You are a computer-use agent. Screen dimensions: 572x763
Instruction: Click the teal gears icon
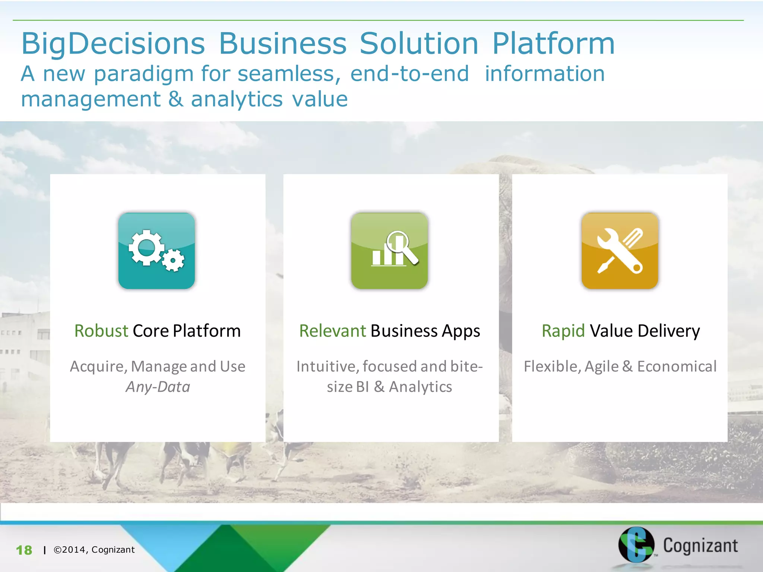coord(156,251)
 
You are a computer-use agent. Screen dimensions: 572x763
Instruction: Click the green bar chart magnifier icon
coord(389,251)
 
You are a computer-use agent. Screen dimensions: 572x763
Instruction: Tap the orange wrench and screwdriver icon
coord(620,251)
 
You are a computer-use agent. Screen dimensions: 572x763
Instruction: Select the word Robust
coord(101,331)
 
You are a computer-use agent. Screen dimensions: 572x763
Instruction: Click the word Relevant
coord(332,331)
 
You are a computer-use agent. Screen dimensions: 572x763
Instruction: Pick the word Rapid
coord(563,331)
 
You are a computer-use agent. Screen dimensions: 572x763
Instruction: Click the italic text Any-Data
coord(158,387)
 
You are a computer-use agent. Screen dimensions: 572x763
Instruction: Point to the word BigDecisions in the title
coord(113,44)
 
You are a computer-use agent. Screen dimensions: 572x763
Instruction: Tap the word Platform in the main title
coord(553,44)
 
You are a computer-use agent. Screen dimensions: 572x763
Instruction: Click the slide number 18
coord(24,550)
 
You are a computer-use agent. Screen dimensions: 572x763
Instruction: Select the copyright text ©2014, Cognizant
coord(94,550)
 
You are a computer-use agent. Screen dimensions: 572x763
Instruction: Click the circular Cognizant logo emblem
coord(636,544)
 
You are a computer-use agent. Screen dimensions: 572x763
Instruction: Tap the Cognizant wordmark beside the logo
coord(700,546)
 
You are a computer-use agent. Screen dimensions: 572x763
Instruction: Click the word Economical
coord(677,366)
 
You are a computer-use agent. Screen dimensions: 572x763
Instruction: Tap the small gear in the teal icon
coord(173,260)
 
